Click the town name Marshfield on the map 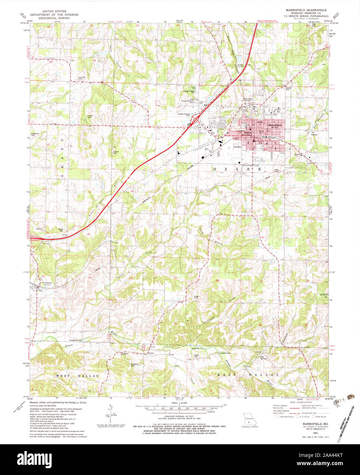tap(275, 125)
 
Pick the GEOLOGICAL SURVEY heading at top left tap(54, 18)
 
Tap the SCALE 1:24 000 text tap(179, 403)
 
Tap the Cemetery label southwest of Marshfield tap(238, 147)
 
